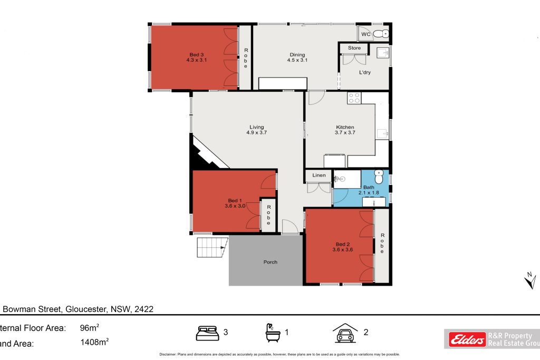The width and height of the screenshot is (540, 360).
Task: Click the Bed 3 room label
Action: pos(195,57)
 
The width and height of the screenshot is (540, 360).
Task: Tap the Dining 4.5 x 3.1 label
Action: pos(297,57)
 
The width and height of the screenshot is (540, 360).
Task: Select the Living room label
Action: pos(257,130)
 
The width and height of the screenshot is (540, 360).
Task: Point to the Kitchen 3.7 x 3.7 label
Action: pos(345,130)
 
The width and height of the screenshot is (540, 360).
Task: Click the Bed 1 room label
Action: pos(235,203)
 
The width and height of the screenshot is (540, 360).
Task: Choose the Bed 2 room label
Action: pos(342,247)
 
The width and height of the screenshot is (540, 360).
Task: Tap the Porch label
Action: pos(270,262)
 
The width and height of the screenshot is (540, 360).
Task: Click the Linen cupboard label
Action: pos(319,175)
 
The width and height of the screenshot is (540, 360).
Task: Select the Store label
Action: pos(354,48)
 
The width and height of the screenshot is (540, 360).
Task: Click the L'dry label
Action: pos(364,72)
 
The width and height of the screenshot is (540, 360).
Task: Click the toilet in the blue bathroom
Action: pos(378,176)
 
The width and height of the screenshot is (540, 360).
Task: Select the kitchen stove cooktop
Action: pos(354,98)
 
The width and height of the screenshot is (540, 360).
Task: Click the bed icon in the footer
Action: pos(208,333)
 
